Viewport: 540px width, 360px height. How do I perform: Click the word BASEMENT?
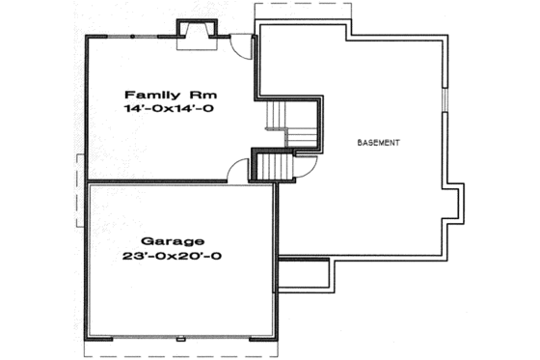point(378,142)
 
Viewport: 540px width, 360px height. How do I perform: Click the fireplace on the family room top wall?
point(191,35)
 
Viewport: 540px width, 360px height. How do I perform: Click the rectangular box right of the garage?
point(306,276)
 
